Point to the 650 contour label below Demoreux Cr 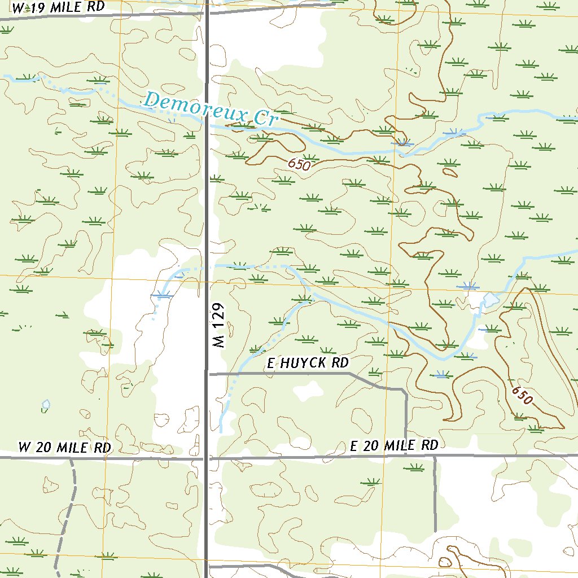tap(299, 164)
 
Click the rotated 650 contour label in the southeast tap(522, 395)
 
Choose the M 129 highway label tap(220, 326)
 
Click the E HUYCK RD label tap(308, 363)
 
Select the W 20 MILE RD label tap(64, 448)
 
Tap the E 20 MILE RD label tap(394, 446)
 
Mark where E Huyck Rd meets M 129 tap(207, 373)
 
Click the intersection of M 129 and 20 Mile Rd tap(207, 458)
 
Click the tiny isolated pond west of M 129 tap(46, 405)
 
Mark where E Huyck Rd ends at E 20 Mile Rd tap(406, 456)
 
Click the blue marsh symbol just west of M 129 tap(163, 294)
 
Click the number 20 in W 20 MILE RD tap(43, 448)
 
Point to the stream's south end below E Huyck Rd tap(221, 431)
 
